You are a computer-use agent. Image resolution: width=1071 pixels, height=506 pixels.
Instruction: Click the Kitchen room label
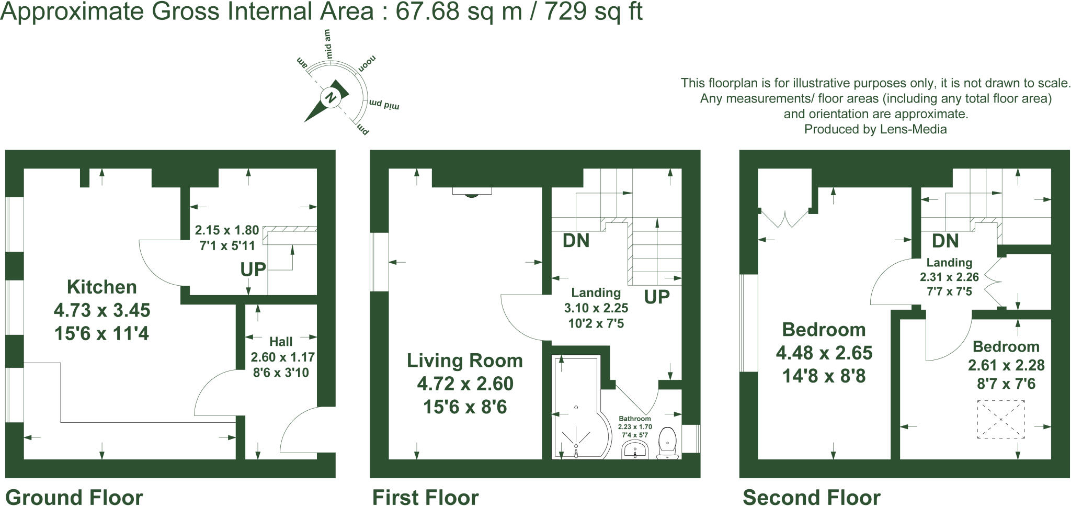[102, 287]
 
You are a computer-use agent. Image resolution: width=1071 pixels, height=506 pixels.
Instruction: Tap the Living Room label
[464, 361]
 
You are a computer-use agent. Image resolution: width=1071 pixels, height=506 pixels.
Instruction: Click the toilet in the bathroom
[668, 443]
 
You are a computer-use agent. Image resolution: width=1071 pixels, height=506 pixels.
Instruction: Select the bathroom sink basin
[635, 449]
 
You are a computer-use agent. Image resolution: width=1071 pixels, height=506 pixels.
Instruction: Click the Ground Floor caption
[74, 497]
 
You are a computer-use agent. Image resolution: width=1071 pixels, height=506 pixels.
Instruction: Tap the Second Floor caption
[811, 497]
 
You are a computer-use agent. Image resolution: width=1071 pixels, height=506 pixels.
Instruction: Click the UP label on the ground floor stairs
[253, 269]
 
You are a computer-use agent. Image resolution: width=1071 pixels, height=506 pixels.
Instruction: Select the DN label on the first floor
[576, 241]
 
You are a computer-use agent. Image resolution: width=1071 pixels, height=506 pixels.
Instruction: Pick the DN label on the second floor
[945, 241]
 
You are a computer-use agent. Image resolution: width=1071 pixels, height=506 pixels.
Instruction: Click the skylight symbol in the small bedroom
[1000, 419]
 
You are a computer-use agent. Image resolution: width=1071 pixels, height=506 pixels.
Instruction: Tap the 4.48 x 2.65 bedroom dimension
[824, 353]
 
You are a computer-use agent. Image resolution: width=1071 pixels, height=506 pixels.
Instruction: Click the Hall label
[281, 342]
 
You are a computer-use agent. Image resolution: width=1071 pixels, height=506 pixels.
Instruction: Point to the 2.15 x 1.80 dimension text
[226, 230]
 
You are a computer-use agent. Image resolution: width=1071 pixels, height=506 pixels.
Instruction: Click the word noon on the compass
[367, 64]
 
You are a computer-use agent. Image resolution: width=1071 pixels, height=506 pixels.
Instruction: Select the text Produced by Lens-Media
[875, 129]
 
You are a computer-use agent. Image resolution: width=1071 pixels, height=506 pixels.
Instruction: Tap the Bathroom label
[635, 419]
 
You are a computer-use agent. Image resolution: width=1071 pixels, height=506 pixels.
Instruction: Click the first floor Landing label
[596, 293]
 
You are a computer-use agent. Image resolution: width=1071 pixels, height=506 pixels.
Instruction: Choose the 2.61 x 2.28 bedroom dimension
[1006, 365]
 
